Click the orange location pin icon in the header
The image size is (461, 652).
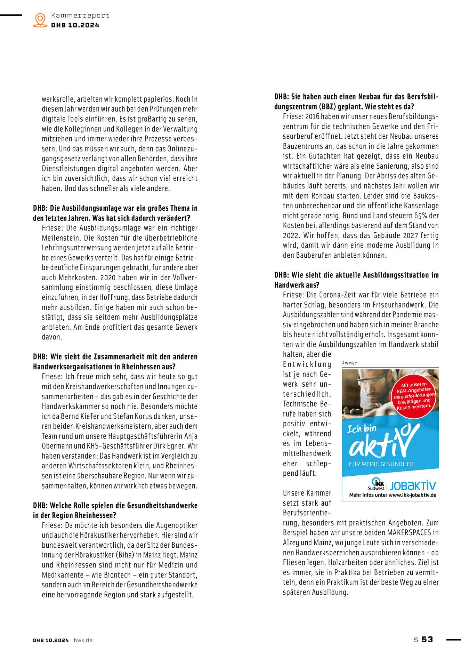click(x=40, y=20)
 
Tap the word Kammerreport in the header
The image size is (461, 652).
click(x=80, y=15)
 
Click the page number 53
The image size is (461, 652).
click(x=427, y=639)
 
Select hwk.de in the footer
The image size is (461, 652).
click(x=83, y=640)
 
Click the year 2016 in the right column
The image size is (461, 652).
click(x=312, y=116)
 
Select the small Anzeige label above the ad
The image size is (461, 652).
click(x=349, y=363)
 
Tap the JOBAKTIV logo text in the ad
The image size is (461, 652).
click(x=413, y=485)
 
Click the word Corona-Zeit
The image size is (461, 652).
click(x=330, y=295)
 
